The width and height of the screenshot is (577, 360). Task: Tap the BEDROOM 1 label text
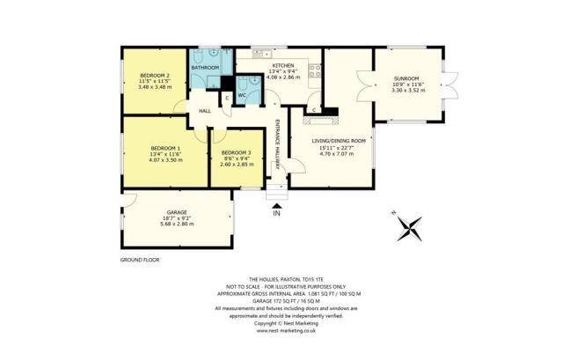point(165,147)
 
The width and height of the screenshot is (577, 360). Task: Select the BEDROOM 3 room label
point(236,154)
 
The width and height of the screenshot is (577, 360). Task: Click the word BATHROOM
point(206,67)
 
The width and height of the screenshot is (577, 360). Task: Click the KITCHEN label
point(281,67)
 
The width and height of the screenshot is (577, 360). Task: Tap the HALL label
point(205,111)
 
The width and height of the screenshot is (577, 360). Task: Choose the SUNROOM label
point(406,77)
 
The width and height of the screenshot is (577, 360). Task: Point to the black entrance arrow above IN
point(275,204)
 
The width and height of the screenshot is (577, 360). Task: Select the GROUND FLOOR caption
point(139,261)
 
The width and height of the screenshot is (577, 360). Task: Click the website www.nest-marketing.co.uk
point(287,330)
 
